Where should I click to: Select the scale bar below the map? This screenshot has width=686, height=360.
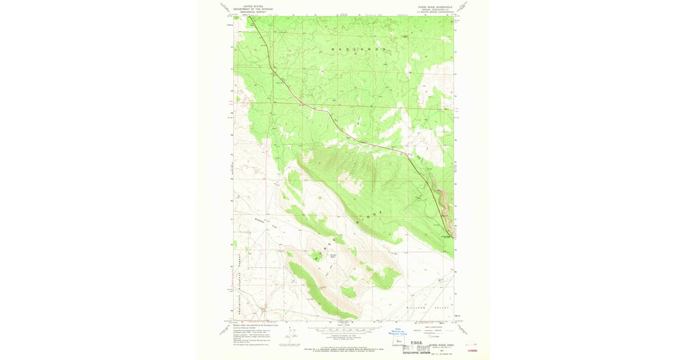point(343,330)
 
